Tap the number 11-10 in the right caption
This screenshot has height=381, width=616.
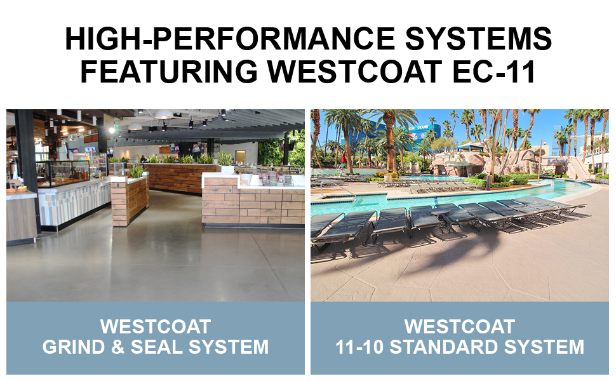(x=365, y=347)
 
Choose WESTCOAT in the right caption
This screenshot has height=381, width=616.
(x=460, y=327)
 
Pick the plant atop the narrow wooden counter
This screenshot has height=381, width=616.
(x=135, y=171)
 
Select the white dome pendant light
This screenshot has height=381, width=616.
(x=164, y=115)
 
